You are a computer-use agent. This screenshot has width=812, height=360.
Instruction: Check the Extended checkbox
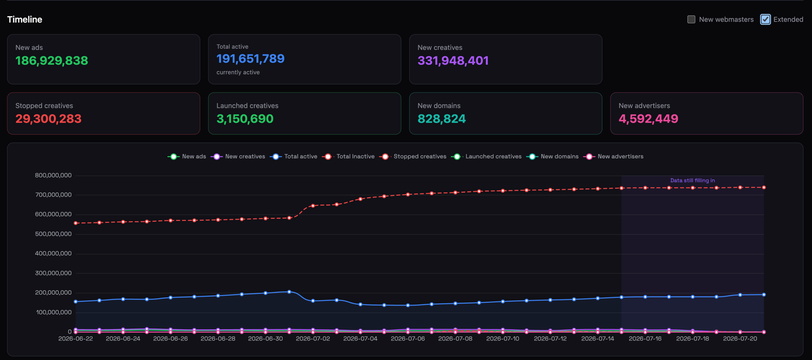pyautogui.click(x=765, y=19)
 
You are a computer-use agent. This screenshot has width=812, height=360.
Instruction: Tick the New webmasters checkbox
pyautogui.click(x=691, y=19)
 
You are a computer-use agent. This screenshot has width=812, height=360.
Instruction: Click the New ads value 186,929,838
pyautogui.click(x=51, y=61)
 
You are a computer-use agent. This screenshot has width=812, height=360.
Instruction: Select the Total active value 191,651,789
pyautogui.click(x=251, y=59)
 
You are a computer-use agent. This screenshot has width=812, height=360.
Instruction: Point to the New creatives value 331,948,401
pyautogui.click(x=453, y=61)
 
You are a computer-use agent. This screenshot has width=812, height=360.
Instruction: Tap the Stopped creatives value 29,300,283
pyautogui.click(x=48, y=119)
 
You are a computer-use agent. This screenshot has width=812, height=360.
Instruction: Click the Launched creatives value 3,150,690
pyautogui.click(x=245, y=119)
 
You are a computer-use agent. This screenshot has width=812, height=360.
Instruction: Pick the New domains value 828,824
pyautogui.click(x=442, y=119)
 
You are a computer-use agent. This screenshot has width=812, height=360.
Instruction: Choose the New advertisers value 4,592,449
pyautogui.click(x=648, y=119)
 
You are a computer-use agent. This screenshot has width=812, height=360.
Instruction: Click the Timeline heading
pyautogui.click(x=25, y=19)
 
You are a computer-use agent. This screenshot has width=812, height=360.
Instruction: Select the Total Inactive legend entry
pyautogui.click(x=348, y=156)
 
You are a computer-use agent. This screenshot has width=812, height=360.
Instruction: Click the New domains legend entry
pyautogui.click(x=553, y=156)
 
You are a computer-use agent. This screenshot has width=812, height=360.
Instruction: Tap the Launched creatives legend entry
pyautogui.click(x=487, y=156)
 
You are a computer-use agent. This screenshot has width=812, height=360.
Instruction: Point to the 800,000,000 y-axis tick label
pyautogui.click(x=53, y=175)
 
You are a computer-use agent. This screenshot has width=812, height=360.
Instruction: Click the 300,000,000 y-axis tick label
pyautogui.click(x=53, y=273)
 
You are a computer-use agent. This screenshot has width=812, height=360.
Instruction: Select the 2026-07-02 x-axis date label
pyautogui.click(x=313, y=339)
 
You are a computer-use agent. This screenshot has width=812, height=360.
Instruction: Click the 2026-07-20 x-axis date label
pyautogui.click(x=740, y=339)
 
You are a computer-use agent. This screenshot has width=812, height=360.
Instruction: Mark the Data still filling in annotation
pyautogui.click(x=692, y=181)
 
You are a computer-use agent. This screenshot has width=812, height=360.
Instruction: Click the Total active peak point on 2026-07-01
pyautogui.click(x=289, y=292)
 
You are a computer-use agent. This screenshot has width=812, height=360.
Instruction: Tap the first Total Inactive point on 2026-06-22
pyautogui.click(x=76, y=223)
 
